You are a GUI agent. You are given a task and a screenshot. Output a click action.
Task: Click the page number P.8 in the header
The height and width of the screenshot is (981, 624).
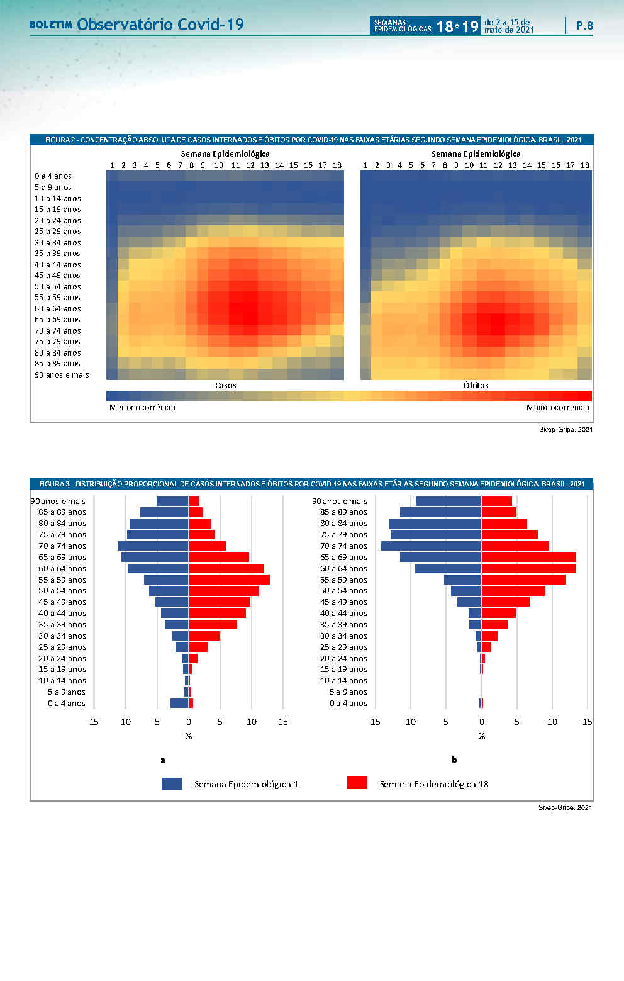point(584,26)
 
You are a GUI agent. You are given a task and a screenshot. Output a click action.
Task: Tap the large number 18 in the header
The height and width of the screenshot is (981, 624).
point(445,26)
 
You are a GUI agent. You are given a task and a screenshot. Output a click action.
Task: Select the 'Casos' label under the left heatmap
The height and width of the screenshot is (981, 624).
point(225,385)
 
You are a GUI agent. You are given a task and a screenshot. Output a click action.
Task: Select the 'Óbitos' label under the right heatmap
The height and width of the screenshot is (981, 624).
point(476,385)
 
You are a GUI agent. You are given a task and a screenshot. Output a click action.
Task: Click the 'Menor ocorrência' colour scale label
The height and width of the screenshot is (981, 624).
point(142,407)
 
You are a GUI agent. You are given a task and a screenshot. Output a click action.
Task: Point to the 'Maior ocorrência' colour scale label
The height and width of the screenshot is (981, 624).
point(557,407)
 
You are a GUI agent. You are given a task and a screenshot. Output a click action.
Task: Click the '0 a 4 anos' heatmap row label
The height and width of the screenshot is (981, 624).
point(53,176)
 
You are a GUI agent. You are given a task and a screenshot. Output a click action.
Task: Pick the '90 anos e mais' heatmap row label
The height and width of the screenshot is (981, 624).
point(62,375)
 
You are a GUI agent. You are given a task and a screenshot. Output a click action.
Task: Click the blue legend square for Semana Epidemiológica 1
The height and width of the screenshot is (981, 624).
point(172,783)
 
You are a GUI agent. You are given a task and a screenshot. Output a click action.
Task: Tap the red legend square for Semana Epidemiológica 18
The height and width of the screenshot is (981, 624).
point(357,783)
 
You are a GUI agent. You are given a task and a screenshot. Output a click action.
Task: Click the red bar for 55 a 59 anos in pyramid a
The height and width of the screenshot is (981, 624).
point(229,580)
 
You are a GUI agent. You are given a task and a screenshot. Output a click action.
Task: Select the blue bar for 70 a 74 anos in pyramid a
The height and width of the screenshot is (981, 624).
point(153,546)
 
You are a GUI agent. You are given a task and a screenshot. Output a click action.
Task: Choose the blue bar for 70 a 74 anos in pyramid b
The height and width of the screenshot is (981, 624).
point(431,546)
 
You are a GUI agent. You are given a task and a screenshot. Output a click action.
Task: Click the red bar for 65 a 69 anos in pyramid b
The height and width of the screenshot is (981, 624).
point(529,557)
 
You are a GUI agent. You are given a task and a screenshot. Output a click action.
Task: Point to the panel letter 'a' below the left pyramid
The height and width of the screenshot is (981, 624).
point(163,760)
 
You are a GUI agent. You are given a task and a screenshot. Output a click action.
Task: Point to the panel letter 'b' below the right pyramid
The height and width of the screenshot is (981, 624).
point(454,760)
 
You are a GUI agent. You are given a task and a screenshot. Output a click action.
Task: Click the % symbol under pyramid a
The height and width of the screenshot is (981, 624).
point(189,736)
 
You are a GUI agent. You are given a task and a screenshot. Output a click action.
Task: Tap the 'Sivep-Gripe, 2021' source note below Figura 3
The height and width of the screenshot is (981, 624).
point(565,807)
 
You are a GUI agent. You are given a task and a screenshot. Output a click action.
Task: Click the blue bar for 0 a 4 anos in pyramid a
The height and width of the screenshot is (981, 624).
point(179,703)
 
